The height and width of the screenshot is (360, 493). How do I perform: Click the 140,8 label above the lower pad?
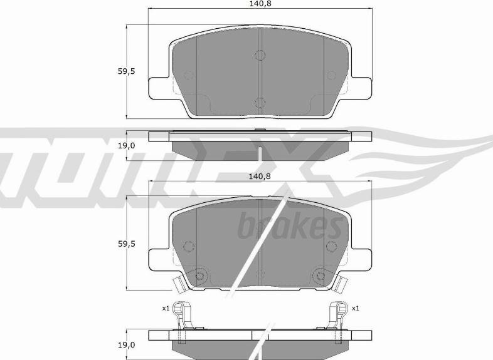[260, 177]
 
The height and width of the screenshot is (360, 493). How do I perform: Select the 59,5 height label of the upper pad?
[127, 71]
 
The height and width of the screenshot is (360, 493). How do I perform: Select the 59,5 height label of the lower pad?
[127, 244]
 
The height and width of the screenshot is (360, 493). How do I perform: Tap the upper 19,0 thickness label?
[127, 146]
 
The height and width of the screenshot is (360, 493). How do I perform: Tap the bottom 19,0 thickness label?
[127, 345]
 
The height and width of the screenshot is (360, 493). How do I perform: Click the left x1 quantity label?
[166, 309]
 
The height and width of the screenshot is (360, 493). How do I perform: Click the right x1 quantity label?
[356, 309]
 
